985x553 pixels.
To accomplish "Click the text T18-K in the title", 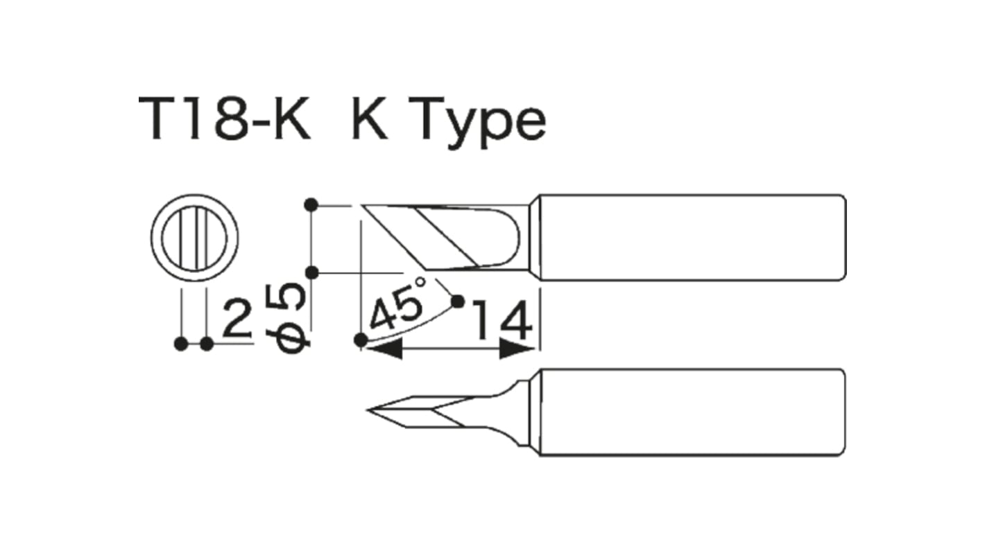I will coord(224,119).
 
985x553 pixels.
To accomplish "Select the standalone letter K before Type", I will coord(370,119).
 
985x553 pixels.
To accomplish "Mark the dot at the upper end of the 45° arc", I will coord(457,301).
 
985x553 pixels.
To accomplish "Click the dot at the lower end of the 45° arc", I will coord(360,340).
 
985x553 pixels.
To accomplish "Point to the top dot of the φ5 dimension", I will coord(311,204).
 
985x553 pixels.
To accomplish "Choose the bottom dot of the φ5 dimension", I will coord(311,272).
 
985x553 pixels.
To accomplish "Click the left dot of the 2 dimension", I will coord(181,344).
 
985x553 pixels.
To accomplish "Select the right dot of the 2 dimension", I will coord(206,344).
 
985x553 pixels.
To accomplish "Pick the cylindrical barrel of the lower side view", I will coord(690,412).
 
